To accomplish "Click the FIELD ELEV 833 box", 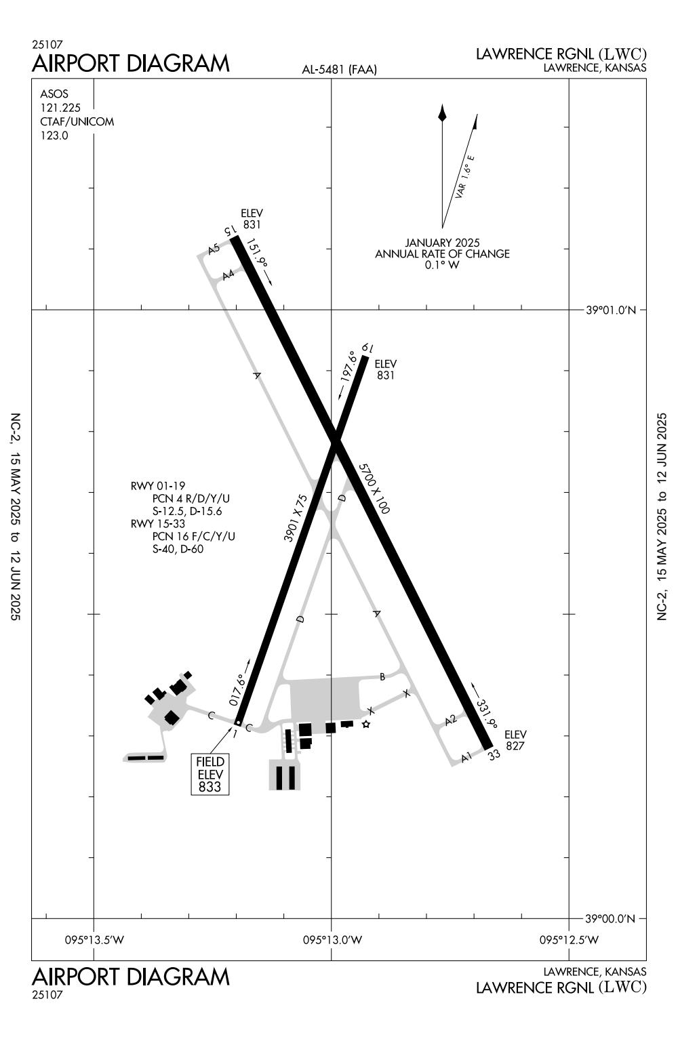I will point(210,774).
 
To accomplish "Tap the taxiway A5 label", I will point(214,249).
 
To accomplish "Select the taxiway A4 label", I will point(228,274).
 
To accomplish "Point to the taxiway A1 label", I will point(466,757).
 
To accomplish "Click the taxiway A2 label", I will point(451,720).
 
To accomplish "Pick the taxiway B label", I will point(382,676).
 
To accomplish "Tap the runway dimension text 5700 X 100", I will point(374,489).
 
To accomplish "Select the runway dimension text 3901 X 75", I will point(296,518).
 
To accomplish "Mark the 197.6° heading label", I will point(348,367).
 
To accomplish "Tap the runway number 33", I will point(494,754).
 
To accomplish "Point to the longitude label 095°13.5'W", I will point(94,939).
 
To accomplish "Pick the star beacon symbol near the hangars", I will point(366,725).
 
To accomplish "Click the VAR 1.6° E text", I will point(465,177).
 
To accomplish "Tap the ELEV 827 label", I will point(515,740).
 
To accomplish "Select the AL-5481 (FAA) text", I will point(339,69).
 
